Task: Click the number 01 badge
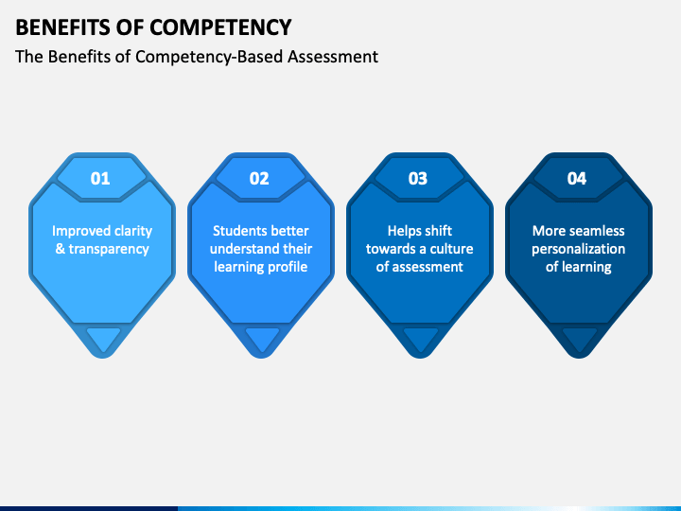(x=100, y=178)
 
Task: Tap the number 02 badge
(x=259, y=178)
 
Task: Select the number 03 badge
(x=418, y=178)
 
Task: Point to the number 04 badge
(x=577, y=178)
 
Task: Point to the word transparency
(x=109, y=249)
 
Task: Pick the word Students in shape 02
(x=239, y=231)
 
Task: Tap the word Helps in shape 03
(x=406, y=231)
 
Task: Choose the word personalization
(x=578, y=249)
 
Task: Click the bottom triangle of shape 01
(x=103, y=338)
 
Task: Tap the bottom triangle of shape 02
(x=262, y=338)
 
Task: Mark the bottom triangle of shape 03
(x=421, y=338)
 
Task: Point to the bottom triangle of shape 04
(x=580, y=338)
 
